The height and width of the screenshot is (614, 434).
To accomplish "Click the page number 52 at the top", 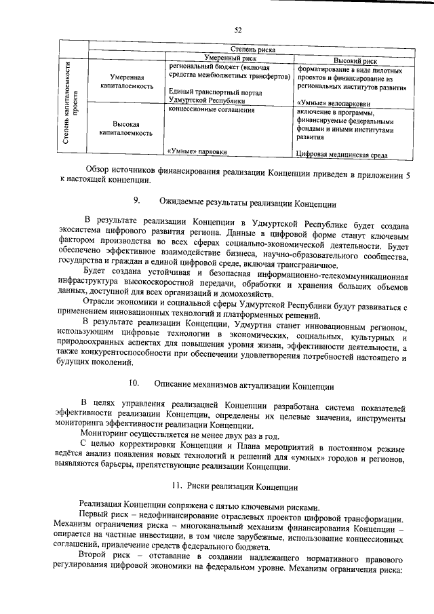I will point(237,29).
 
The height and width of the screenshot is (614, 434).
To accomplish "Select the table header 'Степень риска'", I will point(253,50).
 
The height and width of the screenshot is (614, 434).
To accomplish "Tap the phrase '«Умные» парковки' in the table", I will point(197,153).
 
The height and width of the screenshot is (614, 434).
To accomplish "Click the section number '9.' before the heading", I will point(136,200).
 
